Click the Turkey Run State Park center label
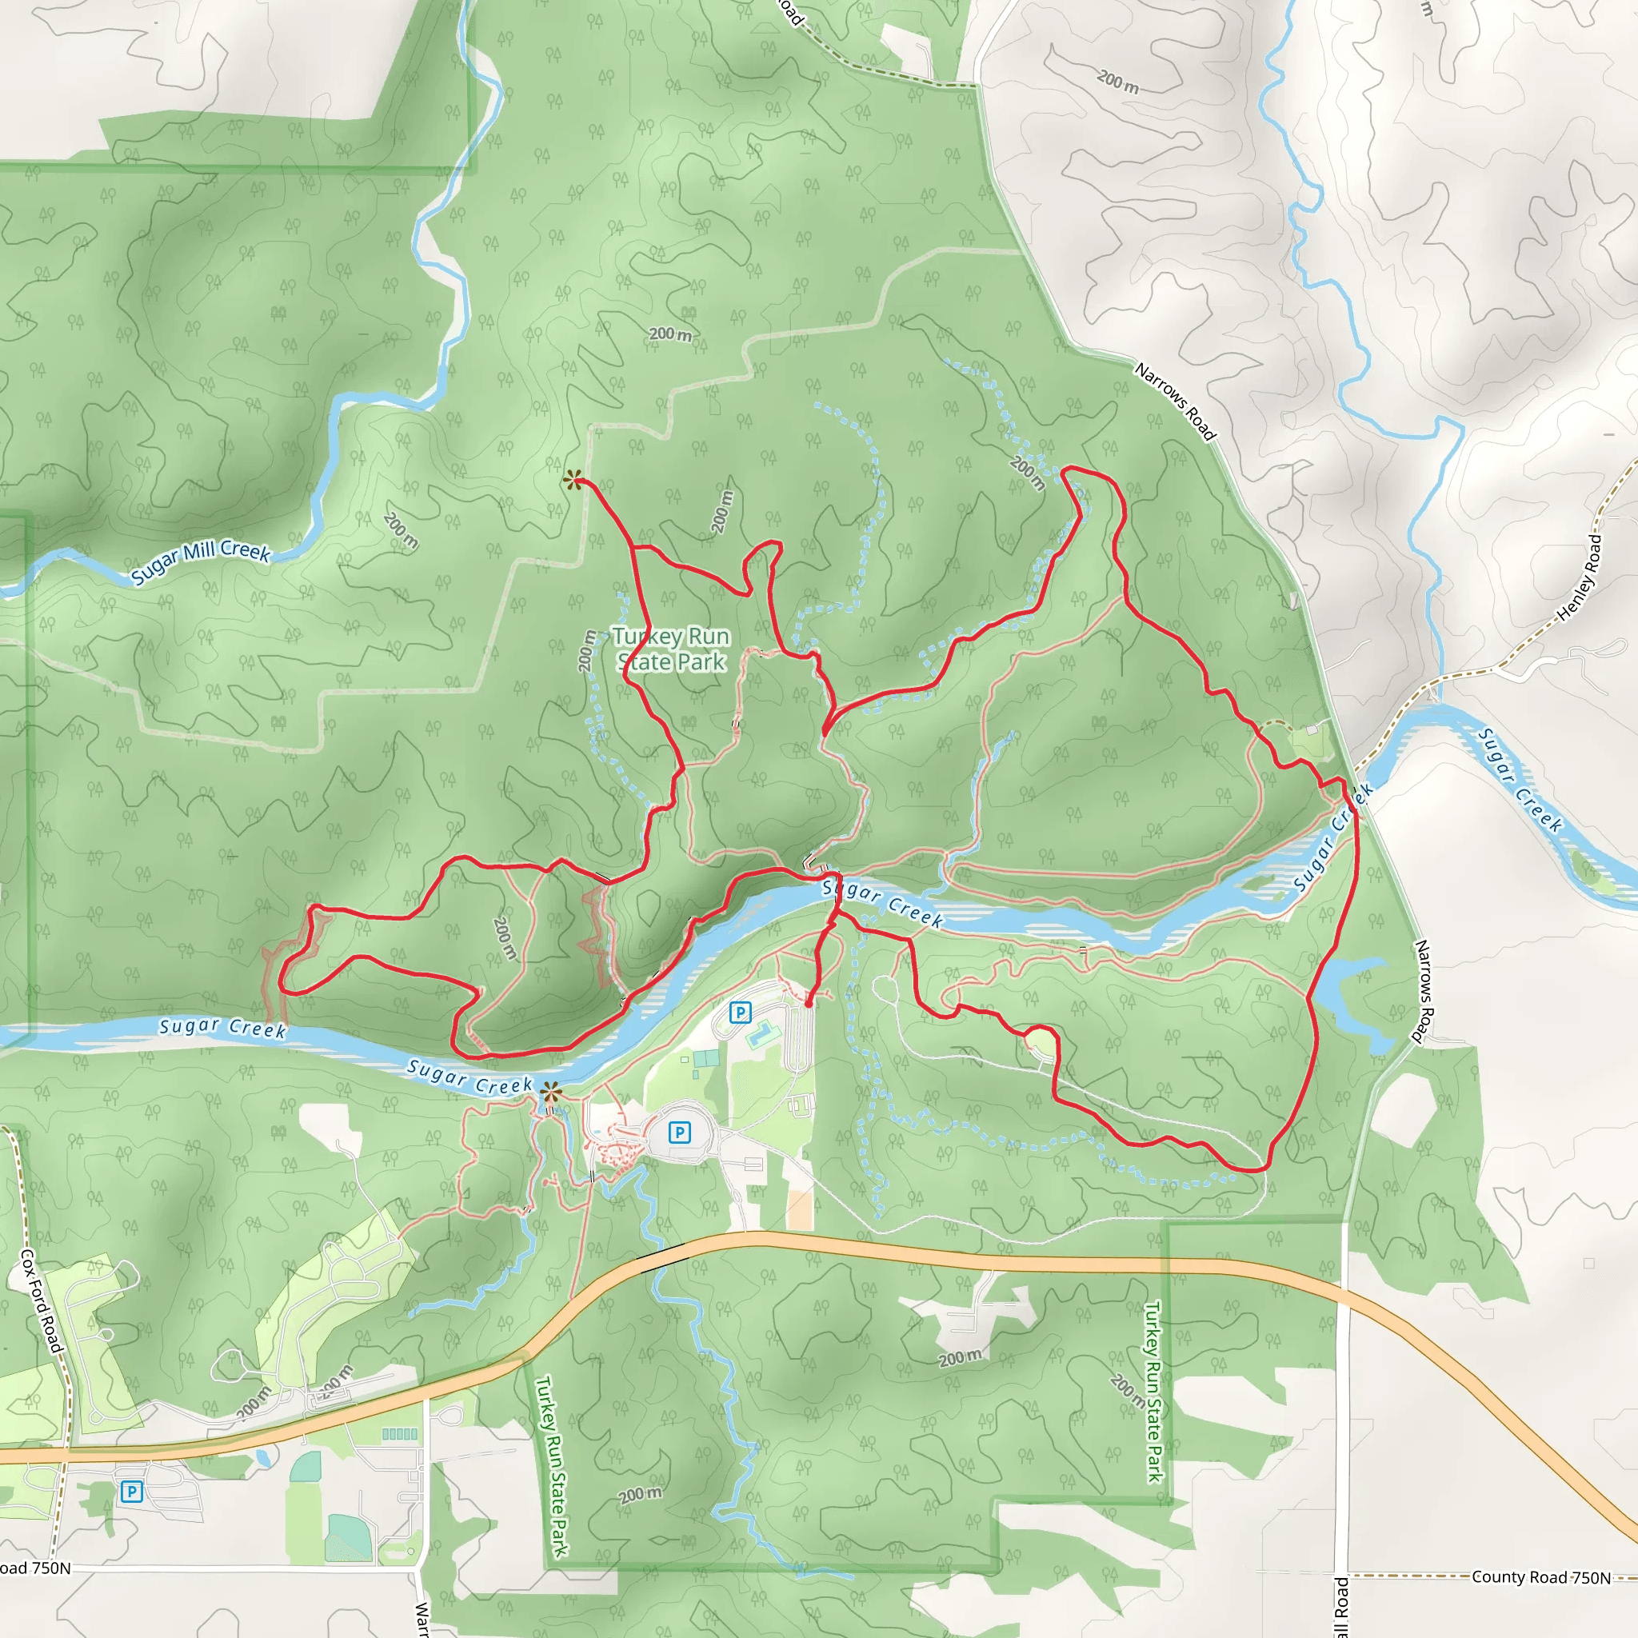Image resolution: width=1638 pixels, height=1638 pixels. click(x=670, y=649)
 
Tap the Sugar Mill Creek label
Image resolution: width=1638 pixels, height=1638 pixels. click(x=200, y=561)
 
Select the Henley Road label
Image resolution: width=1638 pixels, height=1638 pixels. click(x=1582, y=576)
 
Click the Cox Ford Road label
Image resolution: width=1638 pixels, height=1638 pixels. click(x=41, y=1301)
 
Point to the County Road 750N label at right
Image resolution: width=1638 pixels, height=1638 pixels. click(x=1540, y=1577)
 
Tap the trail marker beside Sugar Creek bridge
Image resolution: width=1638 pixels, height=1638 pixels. click(x=551, y=1092)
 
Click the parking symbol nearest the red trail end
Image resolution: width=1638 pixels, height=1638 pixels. click(x=740, y=1013)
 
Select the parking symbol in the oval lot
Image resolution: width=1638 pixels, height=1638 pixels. click(x=679, y=1132)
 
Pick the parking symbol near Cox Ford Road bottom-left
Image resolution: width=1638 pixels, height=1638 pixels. click(x=131, y=1492)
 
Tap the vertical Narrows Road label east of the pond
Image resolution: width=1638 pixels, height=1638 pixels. click(x=1422, y=990)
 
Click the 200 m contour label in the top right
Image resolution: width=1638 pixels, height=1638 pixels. click(x=1117, y=82)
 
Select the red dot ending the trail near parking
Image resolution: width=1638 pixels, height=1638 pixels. click(x=809, y=1003)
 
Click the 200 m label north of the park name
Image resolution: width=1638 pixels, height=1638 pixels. click(x=669, y=334)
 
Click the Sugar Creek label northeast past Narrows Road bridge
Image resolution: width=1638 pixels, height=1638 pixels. click(x=1520, y=780)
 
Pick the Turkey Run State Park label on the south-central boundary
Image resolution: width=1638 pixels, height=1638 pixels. click(x=551, y=1466)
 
